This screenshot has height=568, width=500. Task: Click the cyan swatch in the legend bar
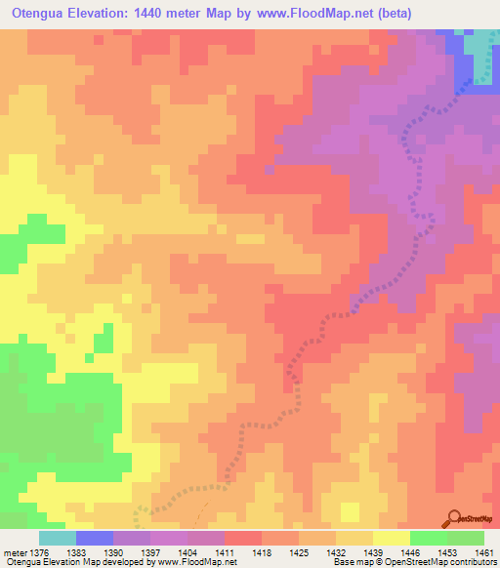(x=58, y=538)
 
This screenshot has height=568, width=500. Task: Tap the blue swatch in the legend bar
(x=95, y=538)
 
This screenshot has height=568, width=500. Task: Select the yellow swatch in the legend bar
(x=392, y=538)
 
